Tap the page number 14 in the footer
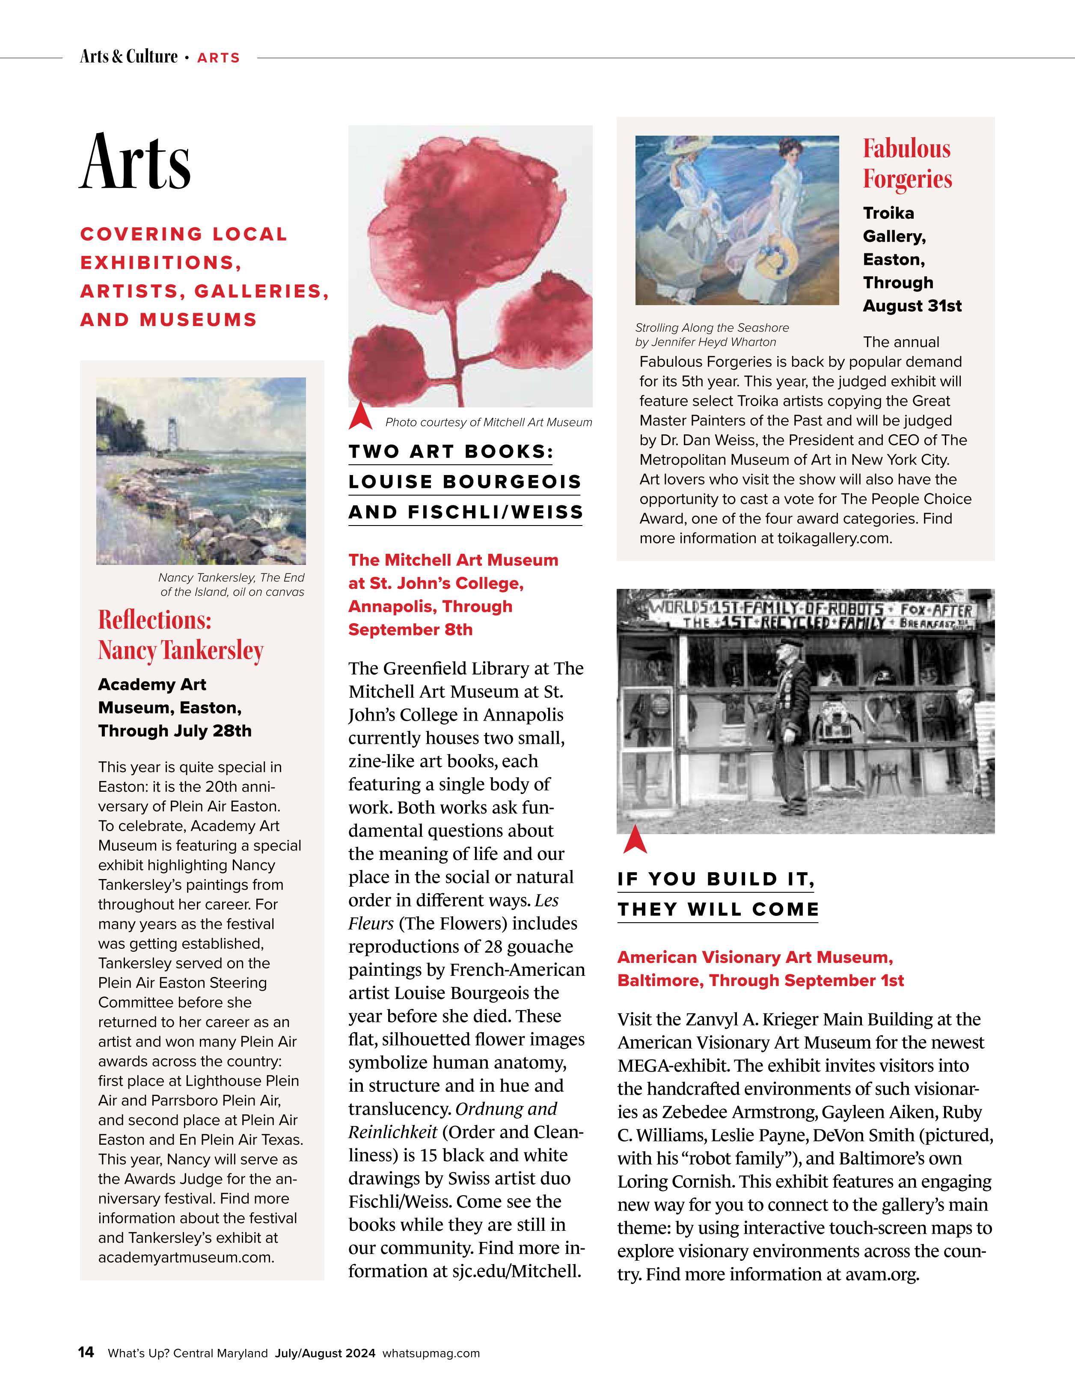[86, 1352]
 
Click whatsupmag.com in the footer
[431, 1353]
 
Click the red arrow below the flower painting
[360, 416]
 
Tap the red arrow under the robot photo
[635, 840]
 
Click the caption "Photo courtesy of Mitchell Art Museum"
[488, 422]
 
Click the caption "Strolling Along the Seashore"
[712, 328]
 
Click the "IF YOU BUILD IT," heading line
[716, 879]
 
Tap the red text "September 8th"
[410, 630]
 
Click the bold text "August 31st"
[912, 306]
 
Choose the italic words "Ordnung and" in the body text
[506, 1109]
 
